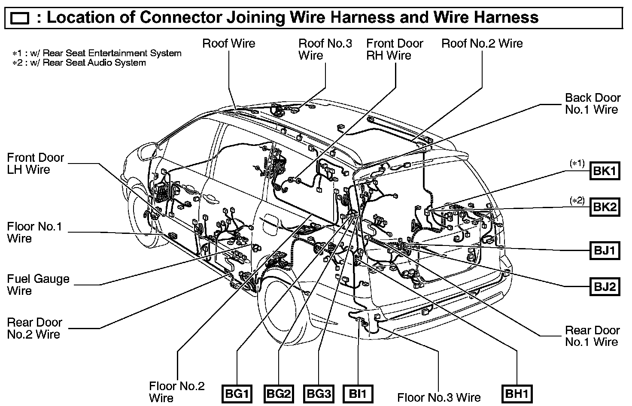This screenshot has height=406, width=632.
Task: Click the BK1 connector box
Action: tap(605, 171)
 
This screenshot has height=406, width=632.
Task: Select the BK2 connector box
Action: tap(605, 207)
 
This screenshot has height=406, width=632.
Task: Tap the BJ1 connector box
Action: tap(605, 250)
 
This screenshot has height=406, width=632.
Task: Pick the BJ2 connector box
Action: tap(605, 286)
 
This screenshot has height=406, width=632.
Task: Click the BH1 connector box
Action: tap(517, 394)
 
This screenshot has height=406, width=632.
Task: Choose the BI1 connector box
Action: tap(358, 394)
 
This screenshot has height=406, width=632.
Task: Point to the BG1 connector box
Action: tap(237, 394)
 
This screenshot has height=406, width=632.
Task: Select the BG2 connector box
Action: tap(279, 394)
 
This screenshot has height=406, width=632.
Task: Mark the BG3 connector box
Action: tap(319, 394)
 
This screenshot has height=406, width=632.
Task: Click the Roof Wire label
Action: tap(228, 43)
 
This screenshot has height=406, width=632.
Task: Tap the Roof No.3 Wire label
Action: tap(325, 49)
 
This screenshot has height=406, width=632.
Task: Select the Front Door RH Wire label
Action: tap(394, 49)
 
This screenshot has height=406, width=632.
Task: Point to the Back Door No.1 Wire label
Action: tap(592, 103)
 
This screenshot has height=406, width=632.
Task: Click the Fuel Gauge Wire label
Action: tap(38, 285)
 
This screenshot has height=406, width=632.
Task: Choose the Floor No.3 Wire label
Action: tap(439, 397)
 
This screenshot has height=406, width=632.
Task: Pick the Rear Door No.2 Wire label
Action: tap(34, 328)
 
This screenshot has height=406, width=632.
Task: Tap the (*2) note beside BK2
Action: tap(577, 200)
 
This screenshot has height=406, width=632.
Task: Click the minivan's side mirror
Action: tap(147, 151)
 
